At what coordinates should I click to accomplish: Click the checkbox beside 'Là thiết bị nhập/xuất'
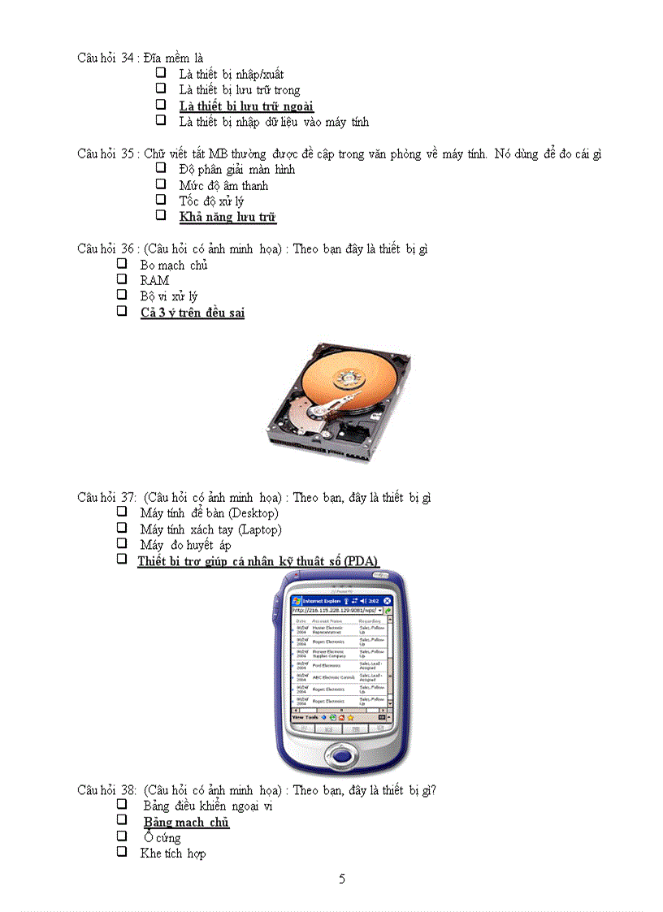click(161, 73)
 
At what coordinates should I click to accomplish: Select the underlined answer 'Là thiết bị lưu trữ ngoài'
click(246, 106)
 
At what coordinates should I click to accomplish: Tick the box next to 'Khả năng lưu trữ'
click(161, 216)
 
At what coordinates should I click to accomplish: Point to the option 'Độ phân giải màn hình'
click(236, 170)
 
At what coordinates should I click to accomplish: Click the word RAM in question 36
click(154, 281)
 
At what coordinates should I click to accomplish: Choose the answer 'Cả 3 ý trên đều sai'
click(193, 313)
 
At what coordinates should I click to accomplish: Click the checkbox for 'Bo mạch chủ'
click(122, 264)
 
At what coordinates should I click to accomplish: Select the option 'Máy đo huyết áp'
click(185, 545)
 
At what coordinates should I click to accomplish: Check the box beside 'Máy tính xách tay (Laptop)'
click(122, 529)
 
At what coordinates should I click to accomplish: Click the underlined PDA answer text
click(258, 561)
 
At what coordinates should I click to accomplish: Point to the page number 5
click(342, 879)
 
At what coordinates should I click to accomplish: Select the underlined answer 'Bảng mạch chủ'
click(186, 823)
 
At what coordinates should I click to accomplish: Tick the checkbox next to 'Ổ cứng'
click(122, 836)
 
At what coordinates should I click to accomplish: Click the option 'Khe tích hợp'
click(173, 854)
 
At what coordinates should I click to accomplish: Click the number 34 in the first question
click(127, 58)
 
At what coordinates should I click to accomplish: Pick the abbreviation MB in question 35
click(217, 153)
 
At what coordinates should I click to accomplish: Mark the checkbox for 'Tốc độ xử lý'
click(161, 200)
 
